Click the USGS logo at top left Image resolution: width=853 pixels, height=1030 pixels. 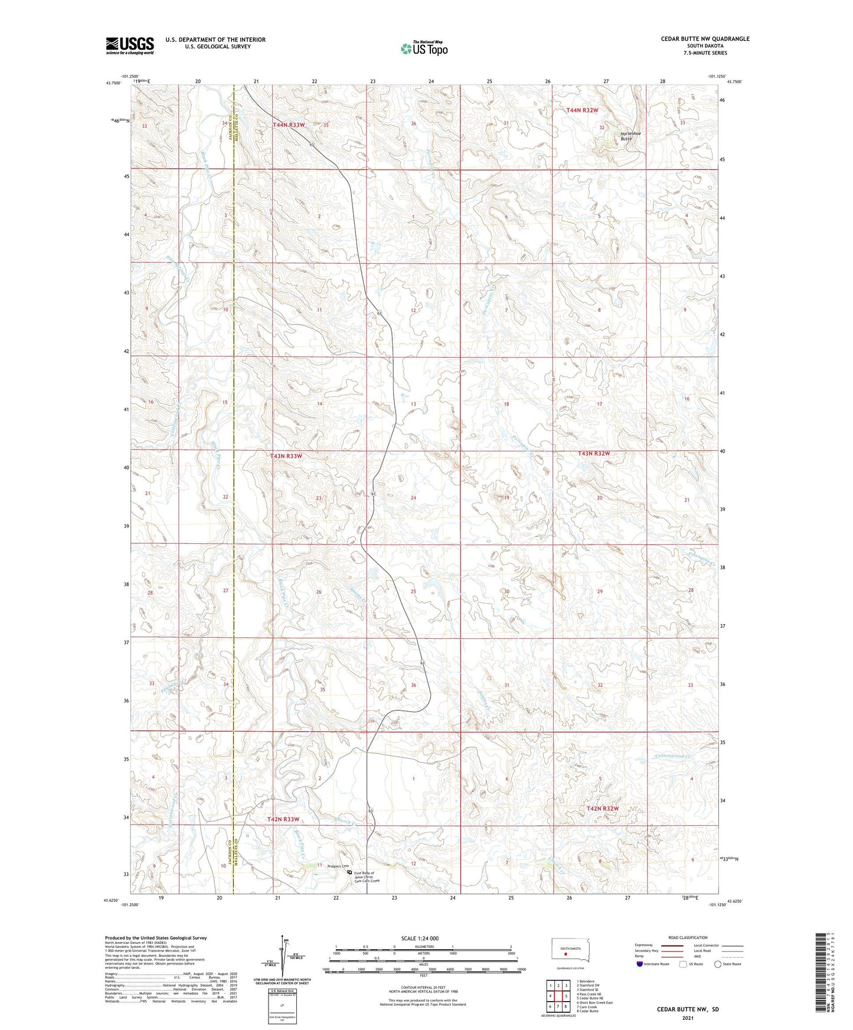(129, 45)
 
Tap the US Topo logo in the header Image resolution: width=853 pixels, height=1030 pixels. (423, 48)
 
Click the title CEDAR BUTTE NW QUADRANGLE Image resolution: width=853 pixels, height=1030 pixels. (705, 39)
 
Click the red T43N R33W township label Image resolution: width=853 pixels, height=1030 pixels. (286, 456)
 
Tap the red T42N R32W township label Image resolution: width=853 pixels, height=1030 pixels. (603, 808)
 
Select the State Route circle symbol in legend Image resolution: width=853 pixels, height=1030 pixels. (718, 964)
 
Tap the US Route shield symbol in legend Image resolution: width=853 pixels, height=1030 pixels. (684, 964)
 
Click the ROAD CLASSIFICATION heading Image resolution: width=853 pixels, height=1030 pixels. (688, 937)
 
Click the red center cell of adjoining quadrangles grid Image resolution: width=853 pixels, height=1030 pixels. (558, 996)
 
